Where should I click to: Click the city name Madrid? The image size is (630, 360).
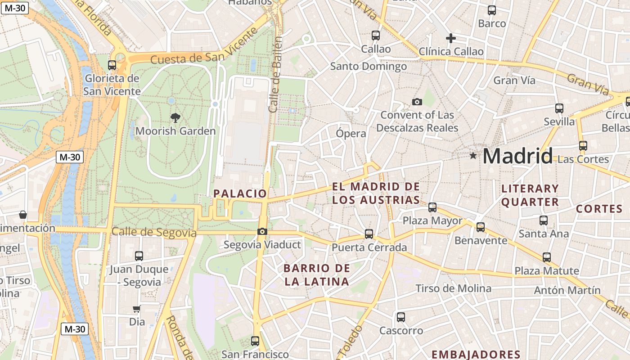[517, 157]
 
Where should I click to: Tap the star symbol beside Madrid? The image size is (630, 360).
[473, 156]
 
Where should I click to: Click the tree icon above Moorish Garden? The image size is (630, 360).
[175, 118]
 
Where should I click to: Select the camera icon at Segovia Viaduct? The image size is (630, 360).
[262, 232]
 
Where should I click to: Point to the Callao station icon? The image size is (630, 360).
[376, 35]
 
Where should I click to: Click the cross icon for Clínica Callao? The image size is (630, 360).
[450, 38]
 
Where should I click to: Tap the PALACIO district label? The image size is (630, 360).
[240, 193]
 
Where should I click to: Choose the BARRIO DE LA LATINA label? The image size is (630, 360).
[316, 275]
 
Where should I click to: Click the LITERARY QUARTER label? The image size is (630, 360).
[530, 195]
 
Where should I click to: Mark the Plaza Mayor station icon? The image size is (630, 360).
[432, 207]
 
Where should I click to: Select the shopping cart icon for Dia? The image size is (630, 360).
[137, 309]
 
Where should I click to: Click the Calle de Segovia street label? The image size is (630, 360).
[154, 232]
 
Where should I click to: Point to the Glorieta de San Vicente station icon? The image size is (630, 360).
[112, 65]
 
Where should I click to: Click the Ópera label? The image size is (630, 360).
[351, 134]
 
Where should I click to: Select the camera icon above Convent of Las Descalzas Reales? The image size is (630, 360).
[417, 102]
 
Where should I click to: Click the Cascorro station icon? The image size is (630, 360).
[401, 317]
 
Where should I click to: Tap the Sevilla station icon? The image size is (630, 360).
[559, 108]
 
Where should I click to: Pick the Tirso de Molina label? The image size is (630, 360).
[453, 288]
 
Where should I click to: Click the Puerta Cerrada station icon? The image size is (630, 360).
[369, 234]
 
